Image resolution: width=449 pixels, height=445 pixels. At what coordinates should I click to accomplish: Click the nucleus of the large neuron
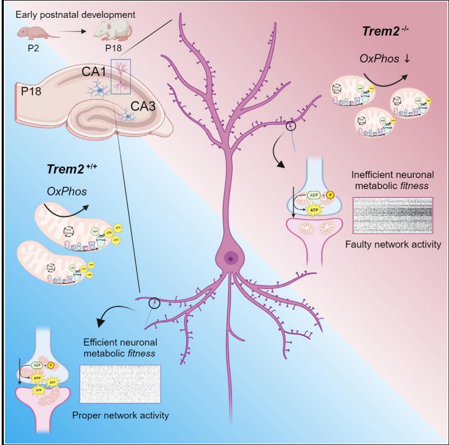pos(230,257)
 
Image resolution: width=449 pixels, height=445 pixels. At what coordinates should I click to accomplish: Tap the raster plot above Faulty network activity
pos(392,215)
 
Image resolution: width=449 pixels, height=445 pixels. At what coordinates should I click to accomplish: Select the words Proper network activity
pos(121,415)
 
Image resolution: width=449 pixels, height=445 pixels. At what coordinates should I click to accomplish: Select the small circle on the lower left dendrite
pos(154,303)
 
